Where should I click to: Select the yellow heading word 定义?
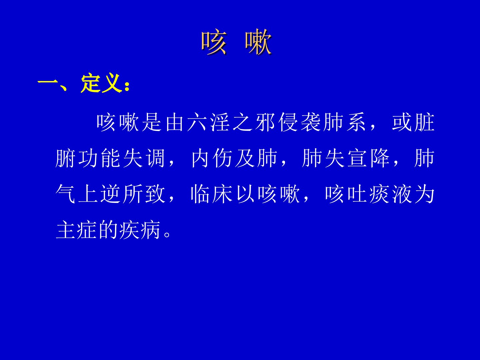(101, 83)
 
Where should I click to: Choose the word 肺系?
(344, 122)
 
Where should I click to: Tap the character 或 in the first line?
(402, 122)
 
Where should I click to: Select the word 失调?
(144, 158)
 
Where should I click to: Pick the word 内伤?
(212, 158)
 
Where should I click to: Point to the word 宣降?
(368, 158)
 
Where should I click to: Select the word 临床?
(212, 194)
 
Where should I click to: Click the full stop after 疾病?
(167, 235)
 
